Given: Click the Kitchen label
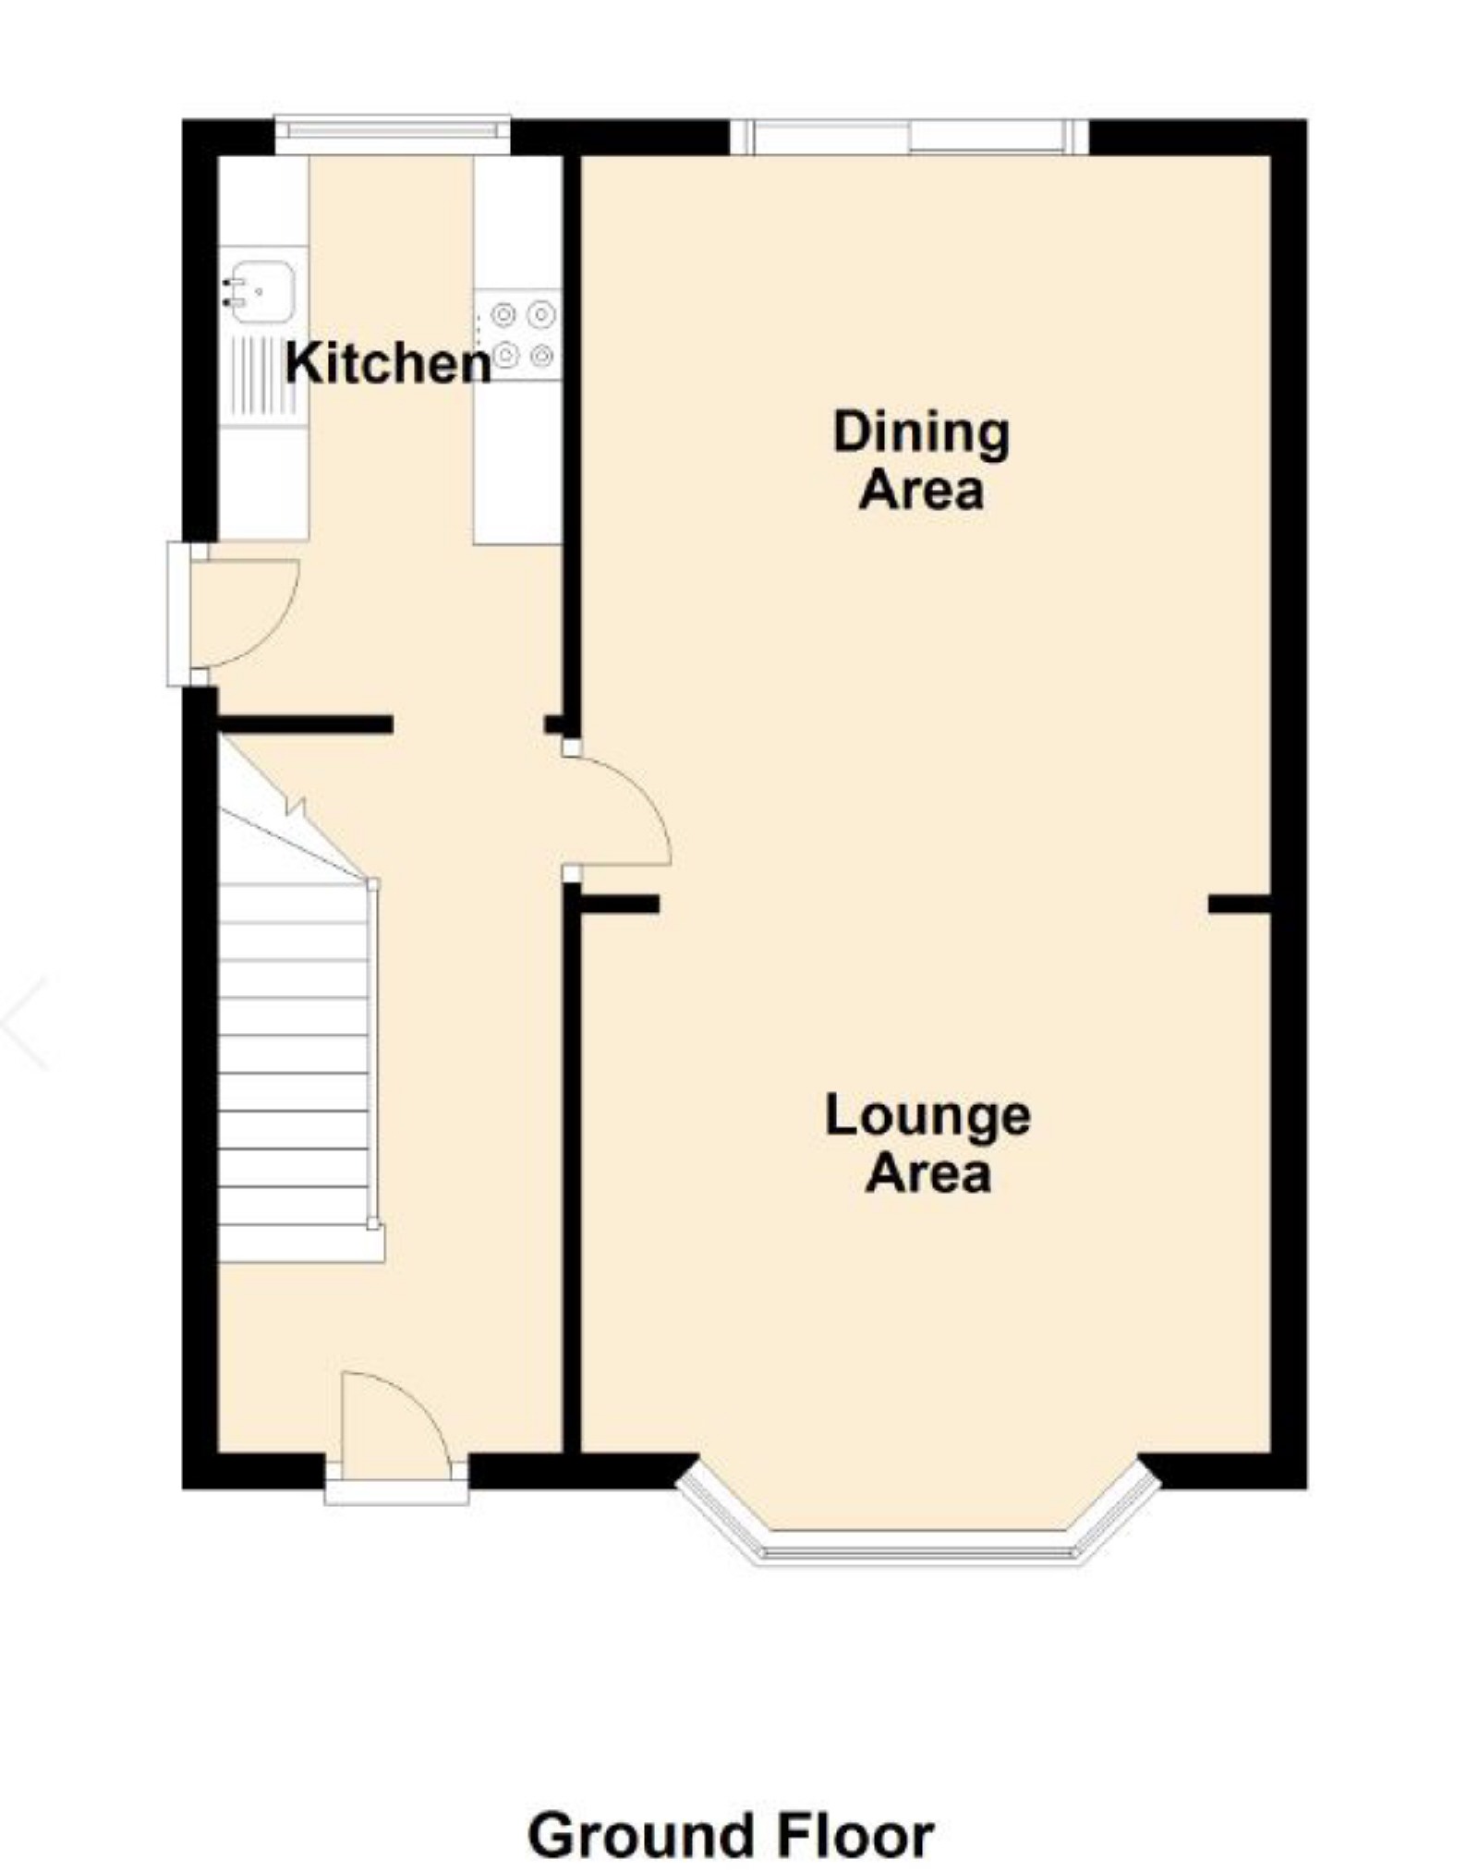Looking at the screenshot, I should [387, 363].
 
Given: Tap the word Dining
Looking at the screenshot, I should [920, 432].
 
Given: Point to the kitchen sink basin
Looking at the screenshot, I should [263, 290].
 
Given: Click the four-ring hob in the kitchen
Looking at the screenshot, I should [520, 334].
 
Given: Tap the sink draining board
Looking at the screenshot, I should [263, 375].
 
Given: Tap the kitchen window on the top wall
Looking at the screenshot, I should [393, 135].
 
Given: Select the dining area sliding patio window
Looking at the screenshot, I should [909, 137].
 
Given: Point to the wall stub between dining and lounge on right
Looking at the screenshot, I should [1239, 905].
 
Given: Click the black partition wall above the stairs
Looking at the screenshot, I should [305, 725].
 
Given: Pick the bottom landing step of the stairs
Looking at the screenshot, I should [300, 1245].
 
